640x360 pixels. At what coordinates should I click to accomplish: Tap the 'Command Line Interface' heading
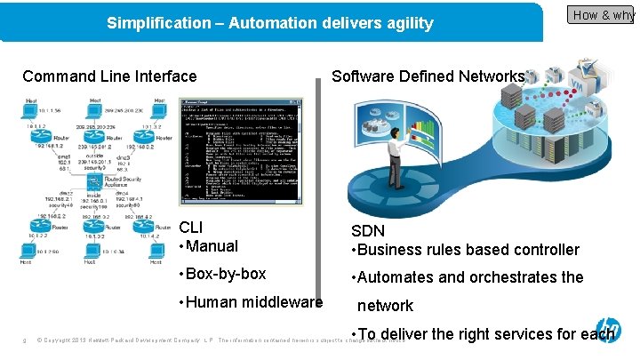click(x=109, y=76)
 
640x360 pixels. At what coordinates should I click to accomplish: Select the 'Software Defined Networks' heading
click(x=428, y=76)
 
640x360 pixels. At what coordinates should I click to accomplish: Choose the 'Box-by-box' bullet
click(x=226, y=274)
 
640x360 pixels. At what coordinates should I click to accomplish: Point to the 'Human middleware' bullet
click(x=253, y=302)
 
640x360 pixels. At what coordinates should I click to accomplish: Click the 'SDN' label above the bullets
click(x=368, y=231)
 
